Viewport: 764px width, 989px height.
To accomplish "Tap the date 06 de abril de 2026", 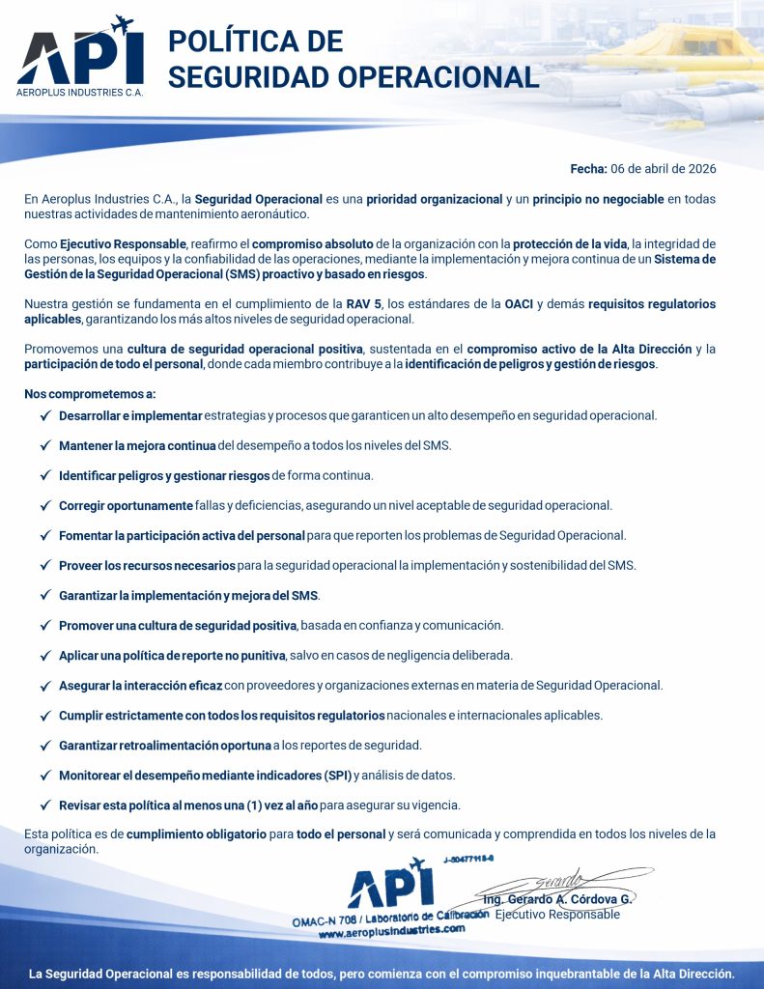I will point(664,168).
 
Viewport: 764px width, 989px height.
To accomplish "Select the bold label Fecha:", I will point(588,168).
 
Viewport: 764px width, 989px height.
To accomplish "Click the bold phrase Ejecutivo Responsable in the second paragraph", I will point(123,243).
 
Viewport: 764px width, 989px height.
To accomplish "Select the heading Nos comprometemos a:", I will point(90,394).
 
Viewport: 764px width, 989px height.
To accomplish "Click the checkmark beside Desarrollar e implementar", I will point(45,415).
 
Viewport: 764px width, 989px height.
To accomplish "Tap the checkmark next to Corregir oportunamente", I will point(45,505).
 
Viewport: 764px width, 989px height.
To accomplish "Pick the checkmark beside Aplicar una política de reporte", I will point(45,655).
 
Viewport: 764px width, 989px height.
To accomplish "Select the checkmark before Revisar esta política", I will point(45,805).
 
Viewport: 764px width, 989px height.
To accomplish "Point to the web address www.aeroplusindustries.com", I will point(391,931).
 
